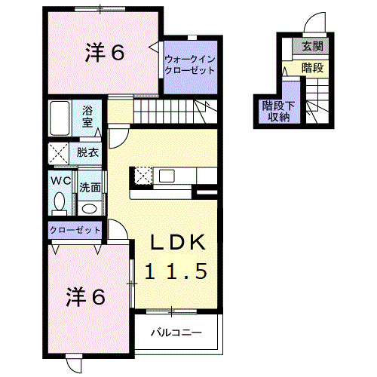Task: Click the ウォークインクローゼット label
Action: click(x=188, y=63)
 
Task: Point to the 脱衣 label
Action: click(x=87, y=152)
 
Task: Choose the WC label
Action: click(x=60, y=181)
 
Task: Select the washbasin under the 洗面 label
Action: click(x=89, y=207)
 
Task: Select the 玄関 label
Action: click(x=312, y=47)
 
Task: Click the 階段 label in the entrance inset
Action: click(x=311, y=67)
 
